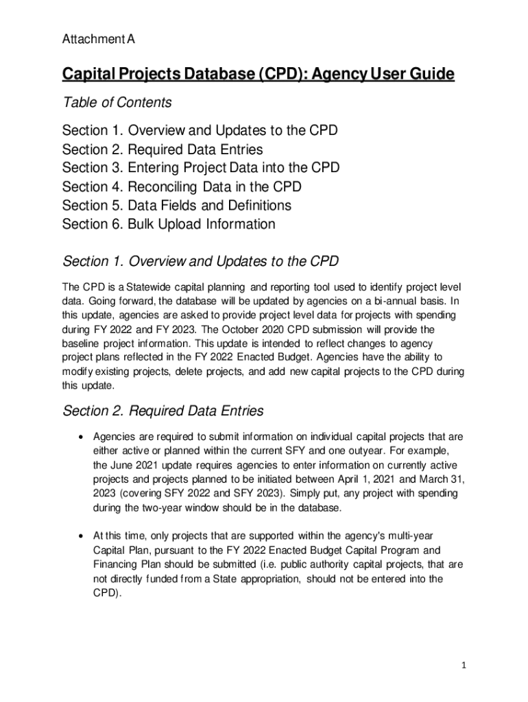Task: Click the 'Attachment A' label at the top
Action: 98,40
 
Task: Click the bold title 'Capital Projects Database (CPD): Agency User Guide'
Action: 258,74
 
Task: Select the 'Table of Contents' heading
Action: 117,103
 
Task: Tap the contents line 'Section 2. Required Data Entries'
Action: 163,149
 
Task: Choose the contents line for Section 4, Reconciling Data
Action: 182,186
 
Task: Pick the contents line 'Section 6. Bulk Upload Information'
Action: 169,224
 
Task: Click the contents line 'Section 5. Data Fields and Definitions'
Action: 176,206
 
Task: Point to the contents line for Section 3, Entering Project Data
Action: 200,168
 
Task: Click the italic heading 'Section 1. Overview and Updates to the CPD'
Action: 200,261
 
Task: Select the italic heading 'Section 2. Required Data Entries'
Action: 163,411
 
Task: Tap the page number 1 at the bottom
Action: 464,666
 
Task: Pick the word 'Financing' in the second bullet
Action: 116,564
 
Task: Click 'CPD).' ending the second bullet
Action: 107,594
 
